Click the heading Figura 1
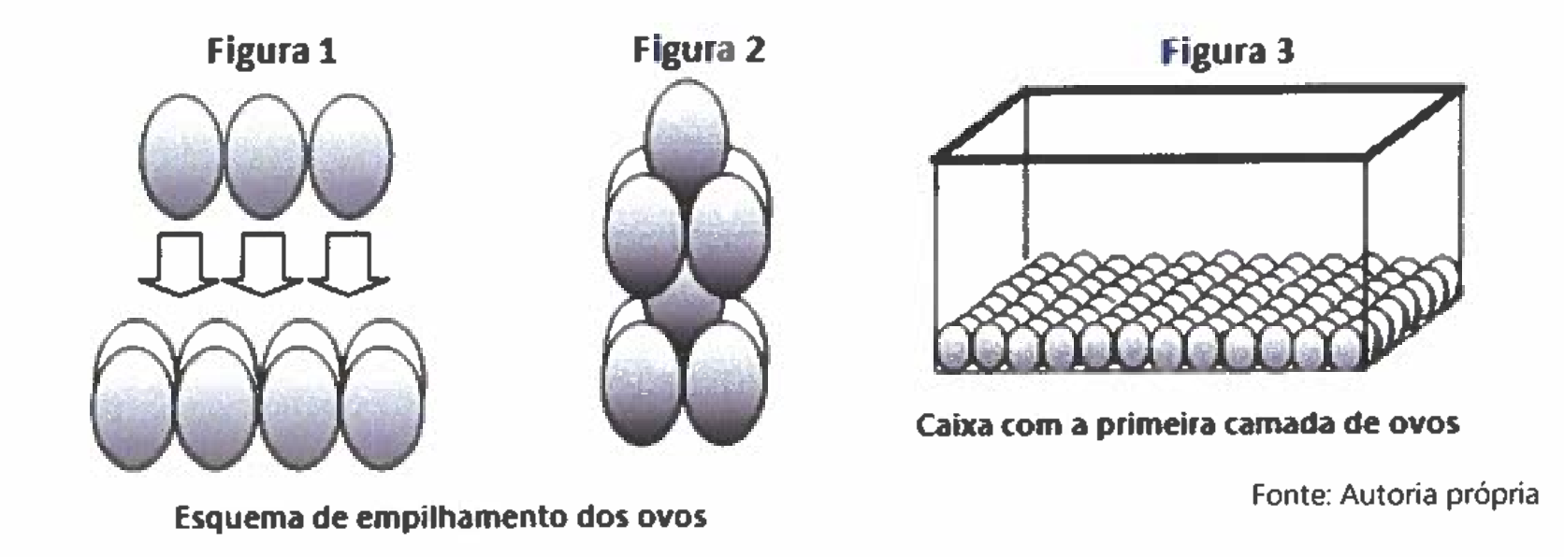pos(271,51)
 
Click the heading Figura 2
pos(699,50)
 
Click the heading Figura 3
pos(1227,51)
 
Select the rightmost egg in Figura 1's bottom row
pos(384,407)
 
